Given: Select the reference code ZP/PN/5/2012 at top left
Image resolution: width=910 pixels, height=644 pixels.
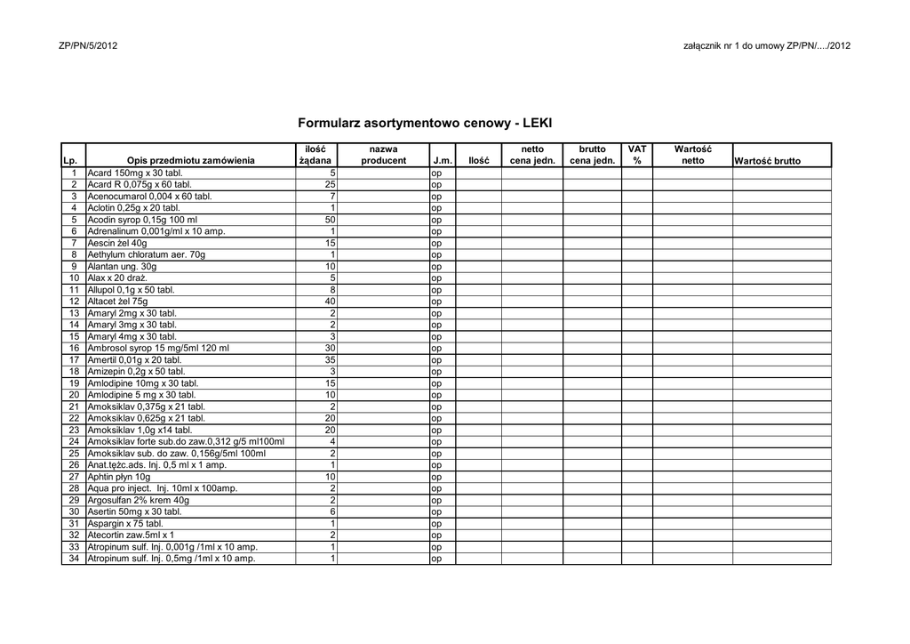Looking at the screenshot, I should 87,45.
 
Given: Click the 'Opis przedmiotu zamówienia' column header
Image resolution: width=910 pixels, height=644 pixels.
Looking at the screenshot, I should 190,161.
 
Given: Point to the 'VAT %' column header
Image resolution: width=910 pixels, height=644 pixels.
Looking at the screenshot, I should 636,155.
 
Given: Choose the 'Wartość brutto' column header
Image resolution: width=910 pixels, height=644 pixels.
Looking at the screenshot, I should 767,161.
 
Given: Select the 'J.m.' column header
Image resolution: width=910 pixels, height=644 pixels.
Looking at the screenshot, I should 443,161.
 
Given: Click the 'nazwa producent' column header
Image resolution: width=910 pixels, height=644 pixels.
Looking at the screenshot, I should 384,155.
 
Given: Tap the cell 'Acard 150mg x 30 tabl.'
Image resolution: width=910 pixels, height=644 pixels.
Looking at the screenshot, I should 134,173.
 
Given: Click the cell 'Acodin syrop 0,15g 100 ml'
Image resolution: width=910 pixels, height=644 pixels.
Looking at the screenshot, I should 142,220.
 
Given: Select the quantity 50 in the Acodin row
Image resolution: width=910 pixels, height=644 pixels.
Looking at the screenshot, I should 330,220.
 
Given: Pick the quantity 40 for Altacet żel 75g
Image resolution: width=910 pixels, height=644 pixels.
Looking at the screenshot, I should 330,302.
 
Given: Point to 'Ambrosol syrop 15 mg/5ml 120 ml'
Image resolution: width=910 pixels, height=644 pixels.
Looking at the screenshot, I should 158,349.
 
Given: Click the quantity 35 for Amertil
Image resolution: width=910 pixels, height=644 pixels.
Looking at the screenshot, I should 330,360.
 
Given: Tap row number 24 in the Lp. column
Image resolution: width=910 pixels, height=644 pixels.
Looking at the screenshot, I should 74,442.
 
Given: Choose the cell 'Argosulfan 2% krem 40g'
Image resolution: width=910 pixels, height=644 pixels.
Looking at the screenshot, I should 138,501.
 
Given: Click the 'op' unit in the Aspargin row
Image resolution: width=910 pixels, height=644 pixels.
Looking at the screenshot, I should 436,524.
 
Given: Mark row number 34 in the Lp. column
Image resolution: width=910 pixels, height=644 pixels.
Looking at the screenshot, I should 74,559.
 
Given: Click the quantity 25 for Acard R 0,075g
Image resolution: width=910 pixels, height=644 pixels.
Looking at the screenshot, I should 330,184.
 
